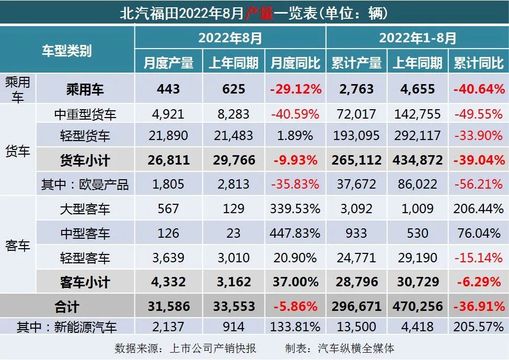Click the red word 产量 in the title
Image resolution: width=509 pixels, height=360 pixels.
[260, 13]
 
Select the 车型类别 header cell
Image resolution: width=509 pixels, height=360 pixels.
[67, 51]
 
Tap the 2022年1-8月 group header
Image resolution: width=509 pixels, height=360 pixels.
[418, 38]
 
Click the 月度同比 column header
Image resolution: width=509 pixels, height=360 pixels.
[295, 63]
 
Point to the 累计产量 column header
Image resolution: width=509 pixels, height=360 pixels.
[356, 63]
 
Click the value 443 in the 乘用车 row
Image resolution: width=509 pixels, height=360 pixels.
[168, 89]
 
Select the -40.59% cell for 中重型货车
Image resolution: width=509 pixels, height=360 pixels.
[295, 114]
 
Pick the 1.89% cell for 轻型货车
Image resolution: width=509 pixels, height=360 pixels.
[295, 136]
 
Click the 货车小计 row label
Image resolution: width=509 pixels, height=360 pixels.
[85, 160]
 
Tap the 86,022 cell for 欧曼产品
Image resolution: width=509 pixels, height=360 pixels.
[417, 184]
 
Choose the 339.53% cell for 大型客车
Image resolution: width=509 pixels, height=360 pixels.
[295, 208]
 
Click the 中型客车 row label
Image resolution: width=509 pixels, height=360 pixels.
[85, 233]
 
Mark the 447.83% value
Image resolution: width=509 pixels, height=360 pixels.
[295, 233]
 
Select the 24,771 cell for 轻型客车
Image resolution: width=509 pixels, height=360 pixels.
[356, 257]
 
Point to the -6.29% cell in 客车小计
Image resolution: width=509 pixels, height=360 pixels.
[478, 282]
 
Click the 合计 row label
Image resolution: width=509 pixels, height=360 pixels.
[67, 306]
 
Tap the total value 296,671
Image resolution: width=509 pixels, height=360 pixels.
[356, 306]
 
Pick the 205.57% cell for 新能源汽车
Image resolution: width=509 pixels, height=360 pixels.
[478, 327]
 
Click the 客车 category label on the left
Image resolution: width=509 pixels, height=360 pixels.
[18, 246]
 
